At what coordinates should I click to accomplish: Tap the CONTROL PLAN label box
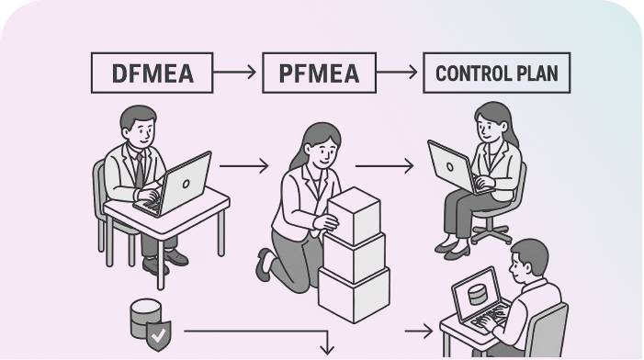[495, 73]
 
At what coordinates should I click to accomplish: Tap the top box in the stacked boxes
[354, 208]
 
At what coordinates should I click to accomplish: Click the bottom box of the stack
[354, 288]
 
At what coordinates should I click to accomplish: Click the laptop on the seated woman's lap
[453, 167]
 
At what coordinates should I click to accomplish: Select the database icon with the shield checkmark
[147, 321]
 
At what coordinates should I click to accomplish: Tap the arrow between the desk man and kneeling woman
[243, 166]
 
